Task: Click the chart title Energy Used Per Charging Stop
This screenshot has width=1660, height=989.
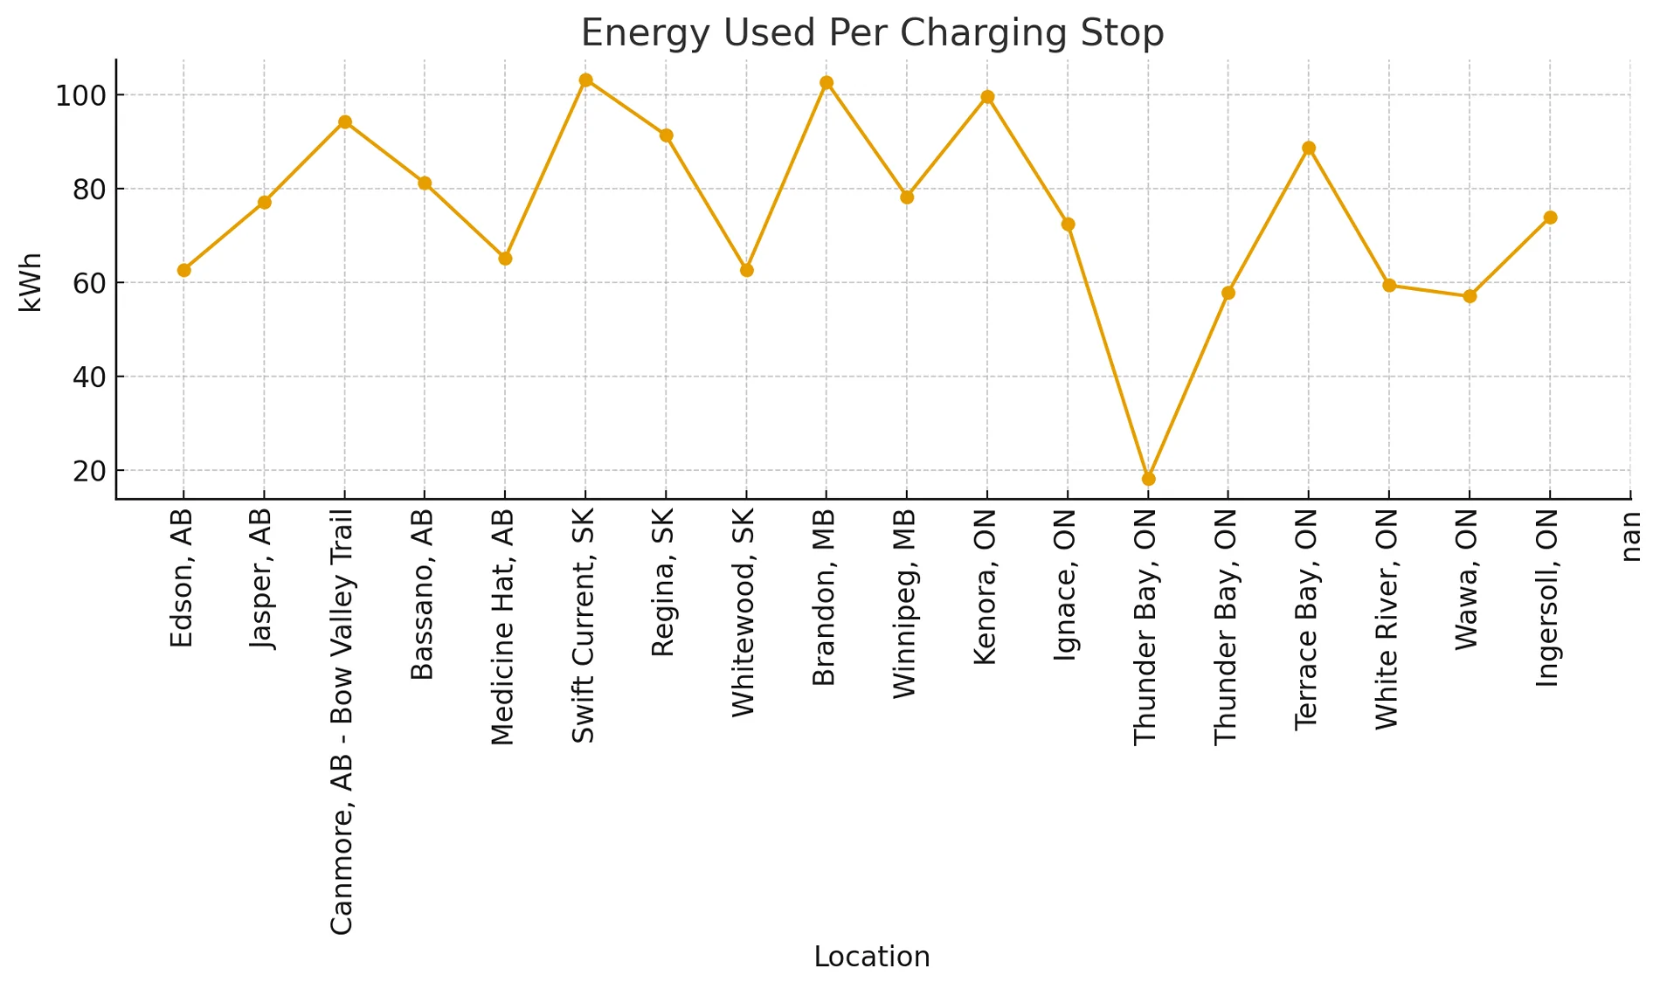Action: (872, 33)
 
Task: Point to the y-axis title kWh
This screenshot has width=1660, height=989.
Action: (31, 282)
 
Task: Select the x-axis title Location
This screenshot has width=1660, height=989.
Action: (872, 957)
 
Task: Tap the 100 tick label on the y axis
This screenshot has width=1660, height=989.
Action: (80, 95)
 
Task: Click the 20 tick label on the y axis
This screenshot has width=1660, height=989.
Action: (89, 472)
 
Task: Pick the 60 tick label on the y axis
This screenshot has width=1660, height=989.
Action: (89, 283)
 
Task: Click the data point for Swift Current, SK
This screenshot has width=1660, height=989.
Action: (585, 80)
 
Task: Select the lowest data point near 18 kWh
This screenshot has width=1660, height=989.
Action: (1148, 479)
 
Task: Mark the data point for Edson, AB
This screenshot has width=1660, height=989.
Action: (183, 270)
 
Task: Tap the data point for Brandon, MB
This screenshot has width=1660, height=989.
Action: (827, 83)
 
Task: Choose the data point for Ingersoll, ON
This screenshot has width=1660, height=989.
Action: (1550, 218)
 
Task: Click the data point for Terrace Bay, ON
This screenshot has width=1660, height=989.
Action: (1309, 149)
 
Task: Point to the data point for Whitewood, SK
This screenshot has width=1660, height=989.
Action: (746, 270)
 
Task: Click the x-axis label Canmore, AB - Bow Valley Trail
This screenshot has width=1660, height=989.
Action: (342, 721)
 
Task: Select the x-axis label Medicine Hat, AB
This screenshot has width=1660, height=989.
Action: (503, 626)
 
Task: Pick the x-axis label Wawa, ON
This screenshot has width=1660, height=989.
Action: (1468, 578)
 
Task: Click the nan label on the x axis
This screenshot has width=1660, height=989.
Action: (1630, 536)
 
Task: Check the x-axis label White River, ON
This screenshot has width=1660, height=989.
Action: (1387, 619)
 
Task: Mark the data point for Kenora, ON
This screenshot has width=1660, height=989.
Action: (987, 97)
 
